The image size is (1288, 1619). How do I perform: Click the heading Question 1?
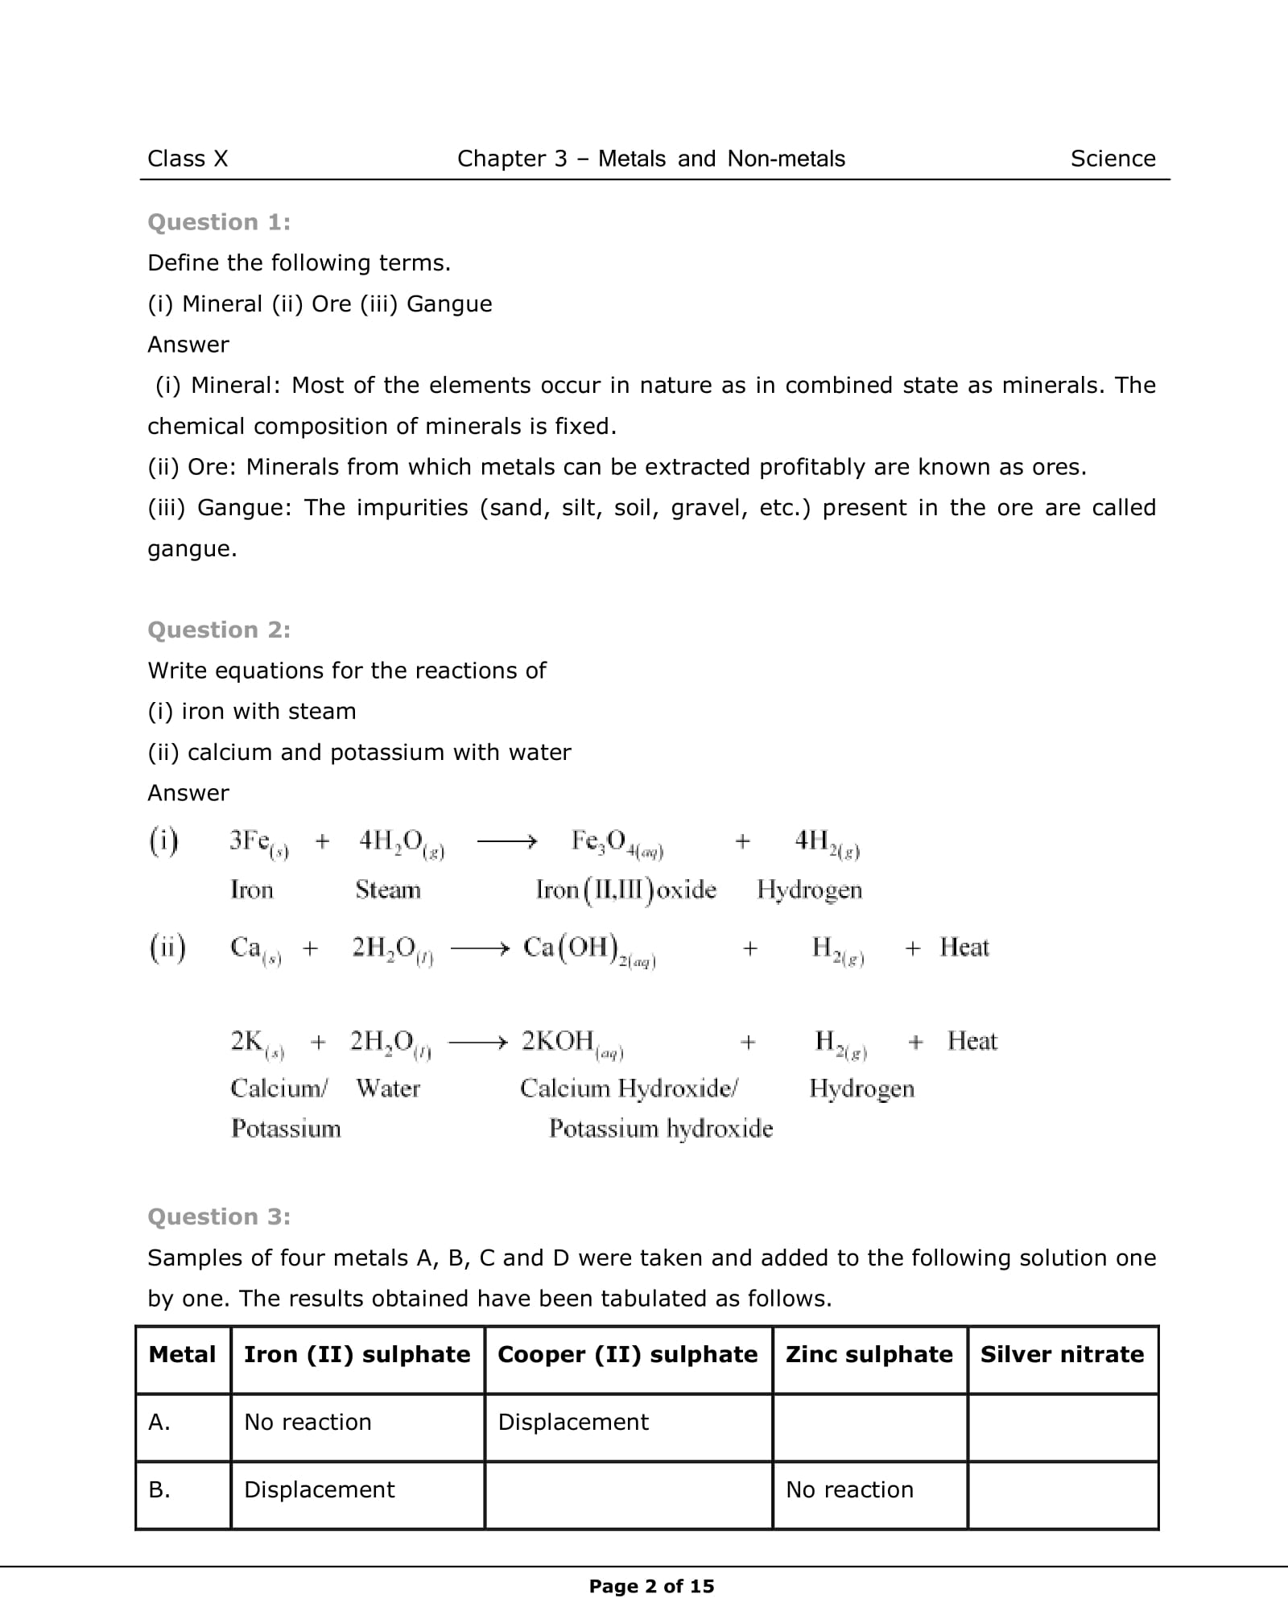(219, 222)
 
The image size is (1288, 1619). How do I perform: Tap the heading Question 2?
(219, 630)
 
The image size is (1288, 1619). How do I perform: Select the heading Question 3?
(219, 1216)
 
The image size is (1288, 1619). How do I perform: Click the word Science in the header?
(1113, 159)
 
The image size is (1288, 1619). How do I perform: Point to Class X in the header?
(188, 159)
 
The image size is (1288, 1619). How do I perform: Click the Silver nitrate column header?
(1062, 1354)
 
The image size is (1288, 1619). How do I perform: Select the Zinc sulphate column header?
(869, 1354)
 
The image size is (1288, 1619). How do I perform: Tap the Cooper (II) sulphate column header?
(628, 1354)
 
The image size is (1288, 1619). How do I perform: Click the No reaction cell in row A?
(308, 1422)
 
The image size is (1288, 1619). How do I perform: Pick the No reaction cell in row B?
(849, 1489)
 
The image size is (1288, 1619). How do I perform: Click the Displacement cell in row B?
(319, 1489)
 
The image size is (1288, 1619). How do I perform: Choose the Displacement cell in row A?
(573, 1422)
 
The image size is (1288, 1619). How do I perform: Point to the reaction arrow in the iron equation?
(506, 842)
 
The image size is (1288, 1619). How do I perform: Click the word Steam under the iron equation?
(388, 890)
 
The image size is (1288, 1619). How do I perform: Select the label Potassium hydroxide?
(661, 1129)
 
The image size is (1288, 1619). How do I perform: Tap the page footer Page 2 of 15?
(651, 1586)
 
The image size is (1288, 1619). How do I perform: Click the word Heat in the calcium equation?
(964, 948)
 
